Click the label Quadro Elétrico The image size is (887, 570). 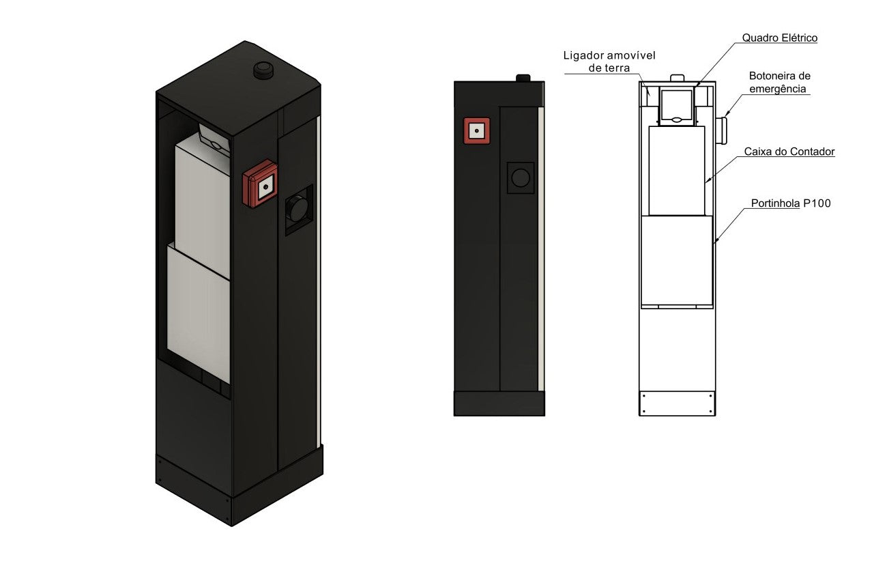point(779,38)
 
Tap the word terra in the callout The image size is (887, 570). point(617,68)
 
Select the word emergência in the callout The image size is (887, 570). point(777,89)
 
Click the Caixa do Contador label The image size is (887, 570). point(789,152)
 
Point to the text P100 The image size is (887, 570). point(817,203)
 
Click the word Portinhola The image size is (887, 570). point(775,203)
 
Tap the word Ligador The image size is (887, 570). point(583,56)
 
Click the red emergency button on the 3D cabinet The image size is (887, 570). point(260,184)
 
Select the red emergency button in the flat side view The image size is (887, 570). point(477,130)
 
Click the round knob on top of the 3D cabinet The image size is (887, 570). point(261,70)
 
